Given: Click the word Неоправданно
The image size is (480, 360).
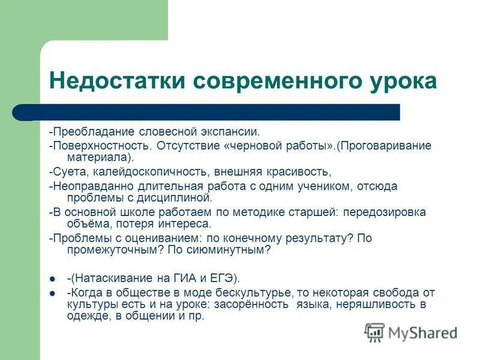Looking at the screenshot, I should click(x=90, y=187).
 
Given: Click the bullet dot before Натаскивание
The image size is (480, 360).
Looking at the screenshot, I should click(x=53, y=278).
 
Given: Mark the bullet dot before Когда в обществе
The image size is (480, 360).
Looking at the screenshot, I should click(x=53, y=294).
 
